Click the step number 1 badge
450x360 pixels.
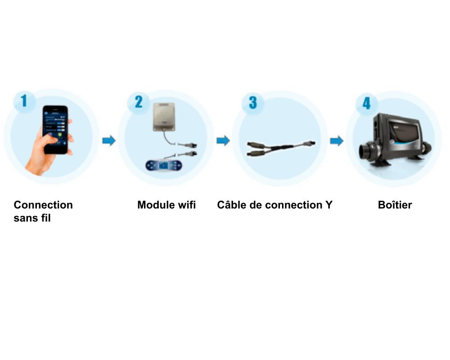24,101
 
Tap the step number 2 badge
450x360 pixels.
138,102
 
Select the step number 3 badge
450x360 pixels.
252,103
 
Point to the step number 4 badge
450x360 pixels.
366,103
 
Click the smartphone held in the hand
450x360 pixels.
55,130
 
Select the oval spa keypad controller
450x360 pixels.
164,166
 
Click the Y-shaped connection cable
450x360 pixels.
281,148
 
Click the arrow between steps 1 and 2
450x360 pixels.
109,141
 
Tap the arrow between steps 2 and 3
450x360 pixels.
223,141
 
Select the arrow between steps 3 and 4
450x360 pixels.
337,141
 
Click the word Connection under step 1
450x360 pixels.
43,205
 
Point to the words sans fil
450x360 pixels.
32,218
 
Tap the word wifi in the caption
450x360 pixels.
187,205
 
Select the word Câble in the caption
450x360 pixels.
230,205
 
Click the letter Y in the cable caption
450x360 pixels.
329,205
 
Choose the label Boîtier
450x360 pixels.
395,205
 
